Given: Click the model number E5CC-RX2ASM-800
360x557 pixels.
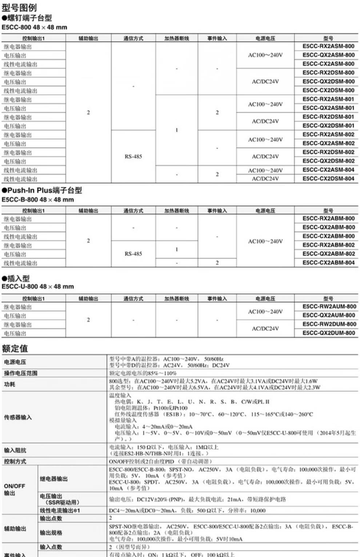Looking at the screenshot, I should pyautogui.click(x=328, y=47).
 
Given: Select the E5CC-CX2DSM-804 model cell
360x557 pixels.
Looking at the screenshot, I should pyautogui.click(x=328, y=179).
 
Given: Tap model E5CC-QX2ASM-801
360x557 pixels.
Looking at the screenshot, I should pyautogui.click(x=328, y=108).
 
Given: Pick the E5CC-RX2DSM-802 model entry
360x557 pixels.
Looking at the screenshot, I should pyautogui.click(x=328, y=152).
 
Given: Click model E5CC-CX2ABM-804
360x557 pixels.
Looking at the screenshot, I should pyautogui.click(x=328, y=263).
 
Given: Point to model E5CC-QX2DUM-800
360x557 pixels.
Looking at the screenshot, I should pyautogui.click(x=328, y=333).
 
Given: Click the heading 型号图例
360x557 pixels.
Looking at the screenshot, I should pyautogui.click(x=19, y=8).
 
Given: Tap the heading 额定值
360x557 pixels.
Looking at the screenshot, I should pyautogui.click(x=15, y=348).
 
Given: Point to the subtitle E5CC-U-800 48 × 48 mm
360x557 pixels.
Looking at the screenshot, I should pyautogui.click(x=37, y=287).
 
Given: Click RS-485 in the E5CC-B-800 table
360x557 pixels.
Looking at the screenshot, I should pyautogui.click(x=133, y=254).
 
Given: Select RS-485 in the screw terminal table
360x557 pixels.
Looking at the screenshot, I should pyautogui.click(x=133, y=157).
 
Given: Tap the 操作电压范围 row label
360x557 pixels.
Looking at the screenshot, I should pyautogui.click(x=21, y=373).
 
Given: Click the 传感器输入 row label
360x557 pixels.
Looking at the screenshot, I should pyautogui.click(x=18, y=417).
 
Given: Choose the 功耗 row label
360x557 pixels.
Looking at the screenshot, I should pyautogui.click(x=9, y=384).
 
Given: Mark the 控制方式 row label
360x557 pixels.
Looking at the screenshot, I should pyautogui.click(x=15, y=461).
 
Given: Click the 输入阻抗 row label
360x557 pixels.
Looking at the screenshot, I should pyautogui.click(x=15, y=451).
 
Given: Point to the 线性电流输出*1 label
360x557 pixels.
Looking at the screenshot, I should pyautogui.click(x=60, y=510).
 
